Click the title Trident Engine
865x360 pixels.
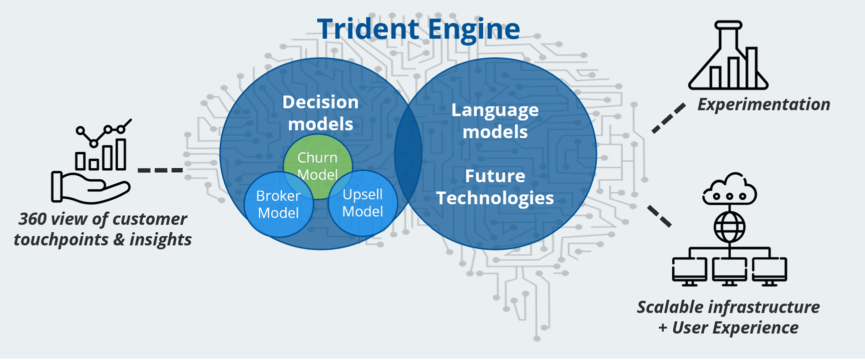pos(418,29)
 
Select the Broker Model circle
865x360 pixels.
pos(278,204)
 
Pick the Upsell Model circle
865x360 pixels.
pos(363,203)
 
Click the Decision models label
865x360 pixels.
pos(320,113)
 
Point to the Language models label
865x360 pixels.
pos(495,121)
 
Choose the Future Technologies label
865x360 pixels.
pos(495,187)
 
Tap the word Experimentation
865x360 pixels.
pos(763,104)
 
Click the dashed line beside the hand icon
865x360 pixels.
pos(160,170)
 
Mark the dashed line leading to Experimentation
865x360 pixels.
pos(669,118)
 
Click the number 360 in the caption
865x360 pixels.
pos(32,219)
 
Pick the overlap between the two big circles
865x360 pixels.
pos(408,153)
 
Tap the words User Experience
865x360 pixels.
pos(735,328)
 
